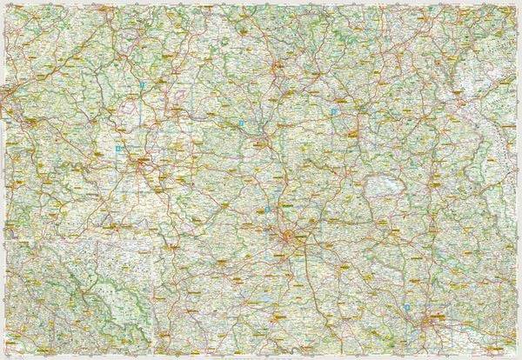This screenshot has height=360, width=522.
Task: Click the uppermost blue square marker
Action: [141, 85]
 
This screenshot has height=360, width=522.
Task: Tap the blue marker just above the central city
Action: [267, 209]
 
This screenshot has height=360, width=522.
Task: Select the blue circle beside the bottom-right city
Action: [408, 307]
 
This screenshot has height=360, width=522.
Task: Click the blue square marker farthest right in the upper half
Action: [333, 111]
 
